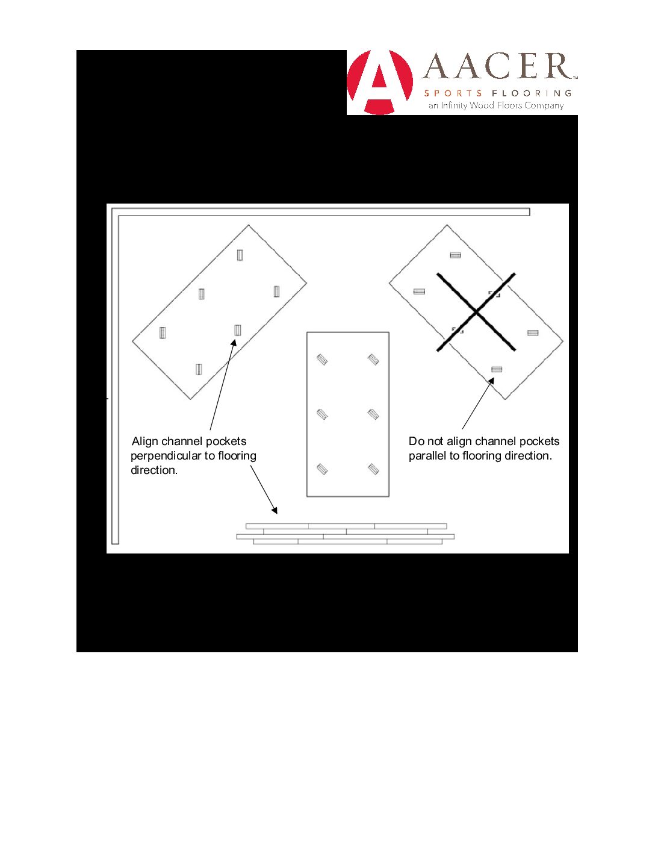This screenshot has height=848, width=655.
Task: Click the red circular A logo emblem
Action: tap(380, 83)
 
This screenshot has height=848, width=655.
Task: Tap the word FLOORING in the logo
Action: tap(532, 93)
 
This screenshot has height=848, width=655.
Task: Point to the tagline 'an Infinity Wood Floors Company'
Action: tap(496, 105)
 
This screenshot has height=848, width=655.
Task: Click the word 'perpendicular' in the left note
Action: tap(166, 456)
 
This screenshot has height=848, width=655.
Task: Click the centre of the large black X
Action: tap(476, 312)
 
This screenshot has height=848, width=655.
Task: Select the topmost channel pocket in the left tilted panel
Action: tap(240, 255)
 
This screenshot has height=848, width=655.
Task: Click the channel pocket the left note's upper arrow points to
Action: tap(238, 330)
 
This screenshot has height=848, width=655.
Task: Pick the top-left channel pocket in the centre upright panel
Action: tap(322, 360)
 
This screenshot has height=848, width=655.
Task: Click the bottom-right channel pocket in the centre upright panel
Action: tap(373, 469)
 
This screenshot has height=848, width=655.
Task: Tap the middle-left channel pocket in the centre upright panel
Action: tap(322, 414)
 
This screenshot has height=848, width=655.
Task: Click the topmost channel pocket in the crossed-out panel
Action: tap(455, 255)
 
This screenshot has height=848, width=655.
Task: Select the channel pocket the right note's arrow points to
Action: tap(497, 369)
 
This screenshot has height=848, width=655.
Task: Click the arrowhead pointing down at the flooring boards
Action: tap(275, 511)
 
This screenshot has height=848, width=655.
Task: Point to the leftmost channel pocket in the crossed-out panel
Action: tap(419, 291)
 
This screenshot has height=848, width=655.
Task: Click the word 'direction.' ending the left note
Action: tap(154, 470)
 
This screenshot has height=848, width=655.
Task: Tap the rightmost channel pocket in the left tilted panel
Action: tap(276, 291)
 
